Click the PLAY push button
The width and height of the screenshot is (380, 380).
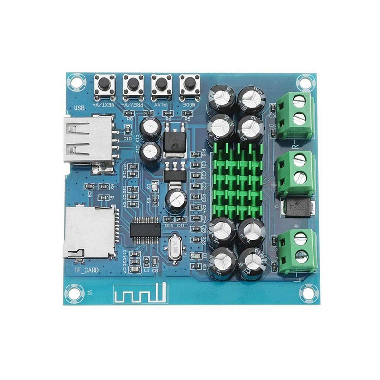[161, 85]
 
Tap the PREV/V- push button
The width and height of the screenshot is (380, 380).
[133, 85]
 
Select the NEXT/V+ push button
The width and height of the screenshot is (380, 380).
[104, 85]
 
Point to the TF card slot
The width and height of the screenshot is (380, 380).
[88, 233]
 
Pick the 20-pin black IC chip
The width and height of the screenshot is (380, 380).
[145, 230]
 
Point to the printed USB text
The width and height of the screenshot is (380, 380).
[79, 108]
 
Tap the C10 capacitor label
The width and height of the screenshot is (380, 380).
[127, 138]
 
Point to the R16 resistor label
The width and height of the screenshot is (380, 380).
[169, 226]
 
